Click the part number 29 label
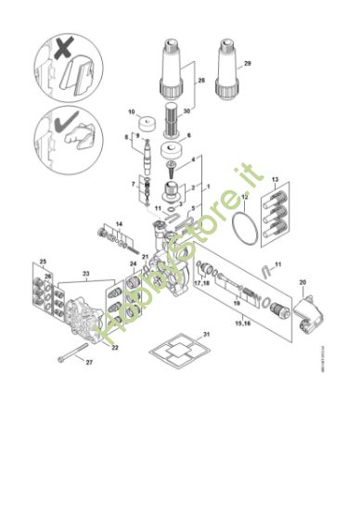247,64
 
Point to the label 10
131,110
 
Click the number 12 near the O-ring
243,198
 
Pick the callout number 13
276,176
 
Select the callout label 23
87,274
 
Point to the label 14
119,225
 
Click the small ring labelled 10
145,124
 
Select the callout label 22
114,349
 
